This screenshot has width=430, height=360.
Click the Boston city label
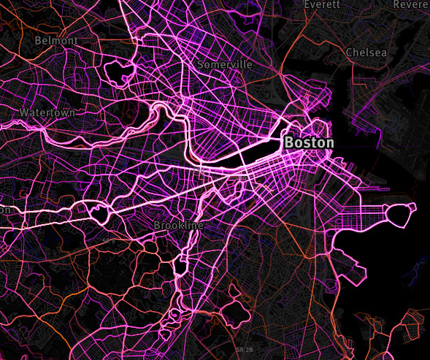[309, 142]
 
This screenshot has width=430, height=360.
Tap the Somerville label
[225, 64]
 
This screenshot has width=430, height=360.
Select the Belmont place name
[55, 41]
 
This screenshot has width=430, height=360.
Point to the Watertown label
[47, 113]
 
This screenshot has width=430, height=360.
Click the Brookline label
[178, 226]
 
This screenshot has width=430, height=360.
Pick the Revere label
[411, 4]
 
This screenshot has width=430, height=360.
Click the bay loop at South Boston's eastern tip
[401, 214]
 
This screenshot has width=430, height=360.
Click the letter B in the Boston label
[289, 142]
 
